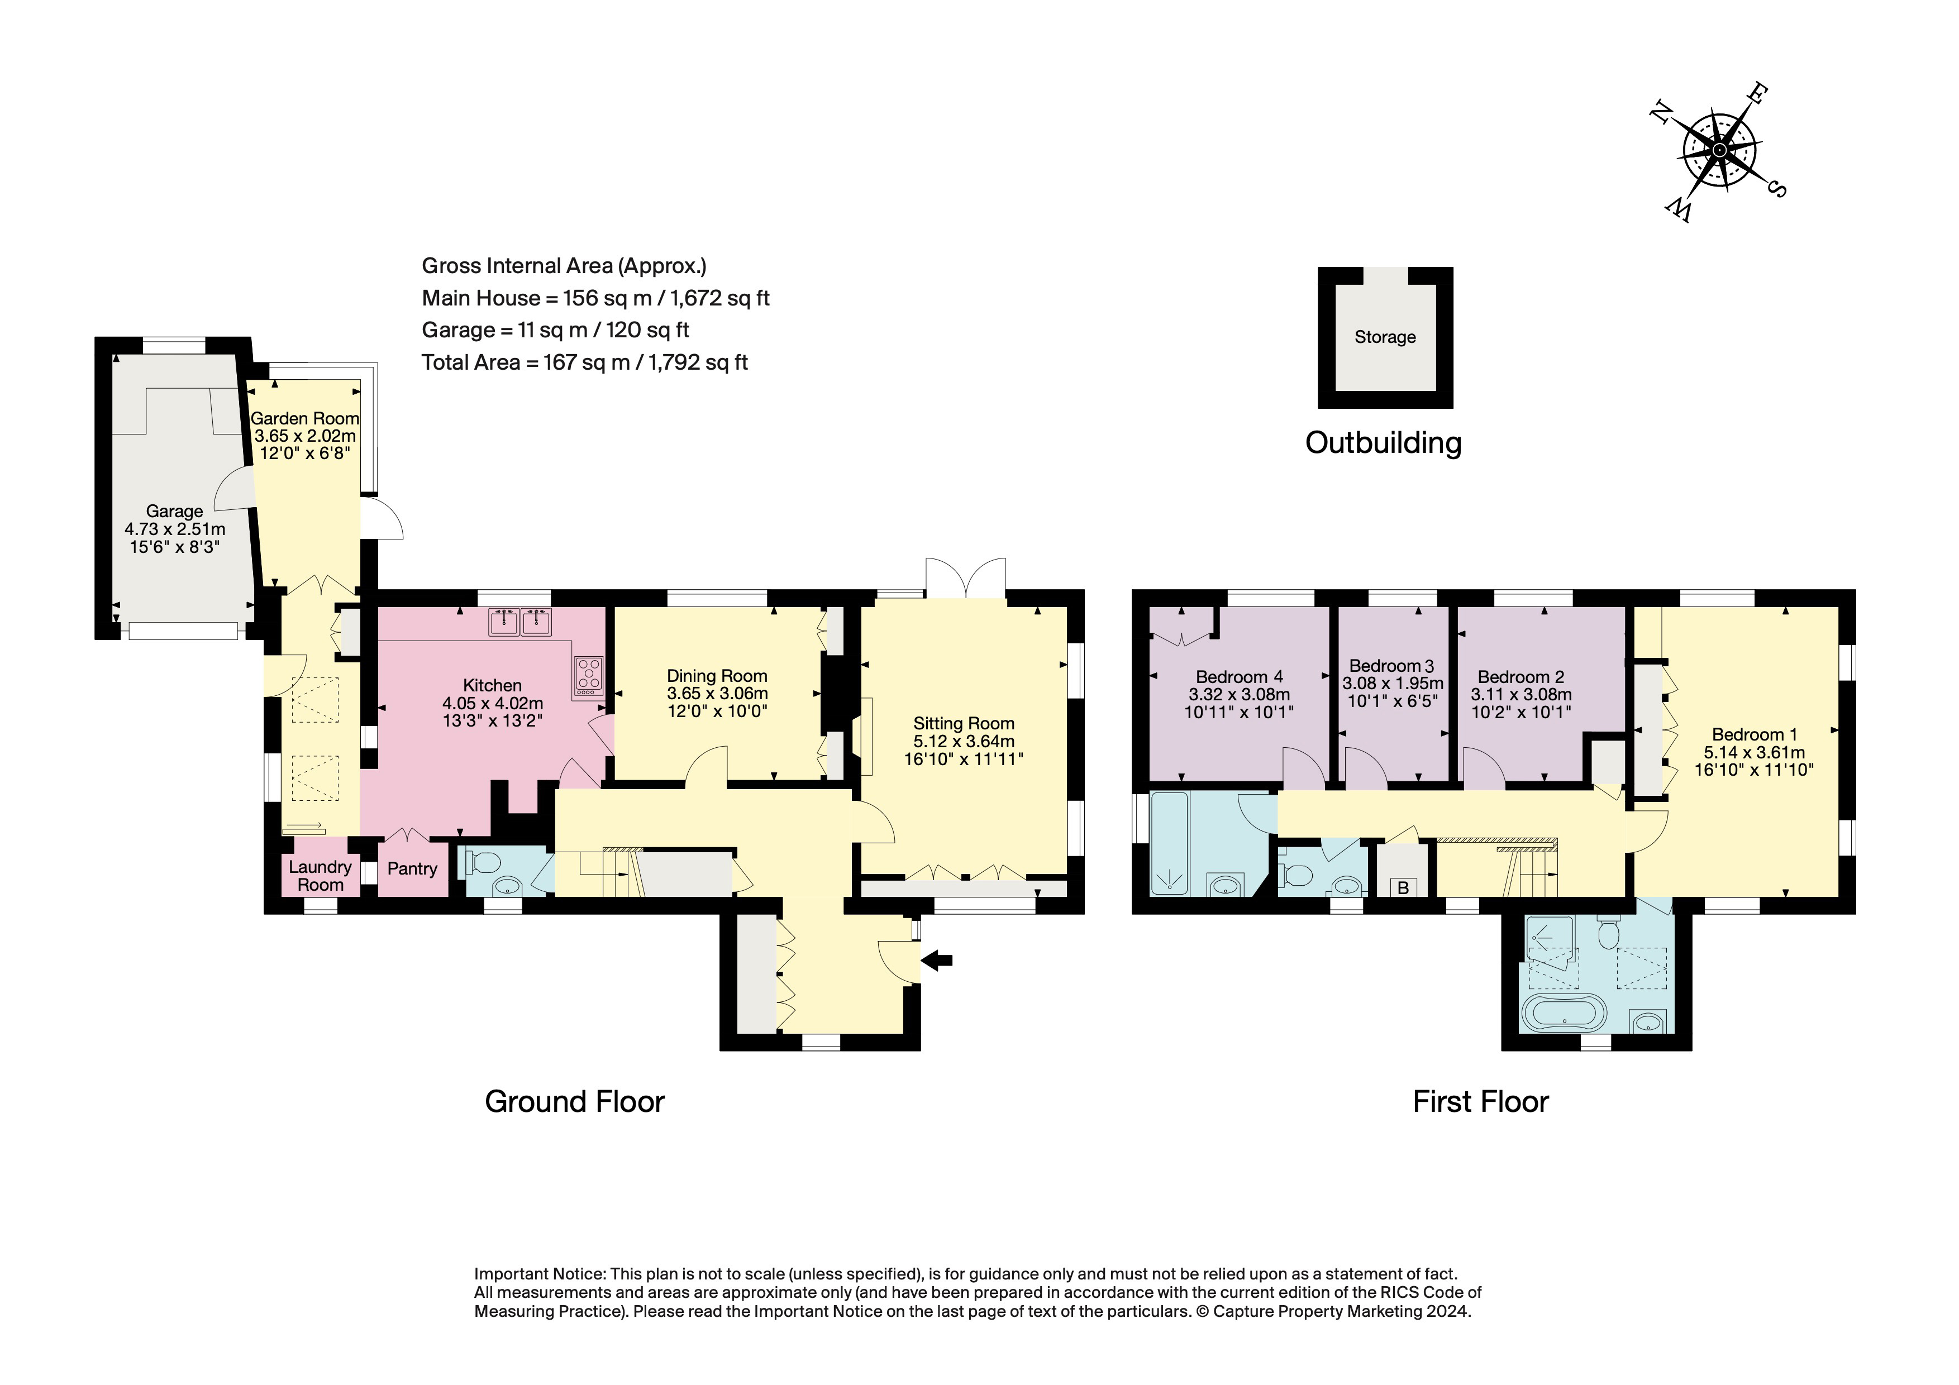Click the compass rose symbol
click(1718, 151)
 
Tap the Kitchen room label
click(492, 686)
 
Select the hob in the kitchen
click(589, 675)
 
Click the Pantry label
click(412, 869)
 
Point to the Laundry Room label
click(320, 876)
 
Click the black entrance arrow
click(937, 961)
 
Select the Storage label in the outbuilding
click(1385, 337)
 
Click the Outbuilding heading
click(1383, 443)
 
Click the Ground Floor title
click(574, 1102)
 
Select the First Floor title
click(1480, 1102)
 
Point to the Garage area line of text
click(555, 330)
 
